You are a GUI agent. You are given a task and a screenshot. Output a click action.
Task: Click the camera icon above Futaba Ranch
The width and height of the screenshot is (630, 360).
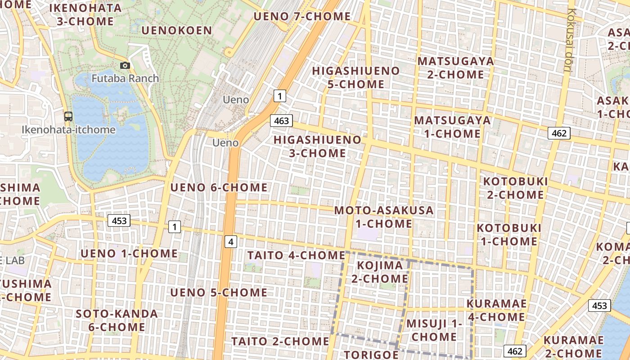point(125,66)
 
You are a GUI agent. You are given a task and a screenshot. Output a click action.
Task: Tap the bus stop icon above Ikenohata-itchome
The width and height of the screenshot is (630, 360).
point(68,117)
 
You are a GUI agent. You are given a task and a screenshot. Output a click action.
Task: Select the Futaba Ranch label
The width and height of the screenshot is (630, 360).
point(125,78)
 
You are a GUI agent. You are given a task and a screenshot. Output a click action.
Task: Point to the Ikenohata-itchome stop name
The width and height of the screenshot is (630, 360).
point(68,130)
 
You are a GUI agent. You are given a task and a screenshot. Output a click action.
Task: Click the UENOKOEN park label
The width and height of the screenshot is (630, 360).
point(176,31)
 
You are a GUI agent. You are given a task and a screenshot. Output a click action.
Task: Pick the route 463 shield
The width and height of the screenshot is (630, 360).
point(281,121)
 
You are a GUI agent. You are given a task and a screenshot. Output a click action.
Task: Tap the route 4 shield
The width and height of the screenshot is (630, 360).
point(231,242)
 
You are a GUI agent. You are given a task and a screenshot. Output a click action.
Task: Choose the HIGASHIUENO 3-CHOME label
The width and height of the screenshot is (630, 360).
point(317,146)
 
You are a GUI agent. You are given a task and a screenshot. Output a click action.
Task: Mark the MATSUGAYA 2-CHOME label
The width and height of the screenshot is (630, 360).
point(455,67)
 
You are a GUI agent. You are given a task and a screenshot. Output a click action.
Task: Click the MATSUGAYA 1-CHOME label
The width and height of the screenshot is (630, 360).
point(452,127)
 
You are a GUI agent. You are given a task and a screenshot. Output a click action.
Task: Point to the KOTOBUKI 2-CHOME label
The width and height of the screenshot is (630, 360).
point(515,188)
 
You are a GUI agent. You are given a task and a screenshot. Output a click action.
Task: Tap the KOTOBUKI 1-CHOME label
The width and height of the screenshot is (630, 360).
point(508,234)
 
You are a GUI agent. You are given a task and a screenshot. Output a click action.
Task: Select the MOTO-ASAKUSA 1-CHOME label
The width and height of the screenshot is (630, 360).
point(384,217)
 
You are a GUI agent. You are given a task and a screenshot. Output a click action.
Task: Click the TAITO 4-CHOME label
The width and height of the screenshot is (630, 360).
point(296,256)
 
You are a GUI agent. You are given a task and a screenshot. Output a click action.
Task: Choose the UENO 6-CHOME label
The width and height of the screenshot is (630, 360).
point(219,188)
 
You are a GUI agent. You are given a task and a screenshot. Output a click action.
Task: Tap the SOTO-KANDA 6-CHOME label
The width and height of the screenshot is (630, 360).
point(117,320)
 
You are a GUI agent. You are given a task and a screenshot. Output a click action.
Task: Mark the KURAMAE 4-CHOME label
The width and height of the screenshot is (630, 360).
point(496,310)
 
